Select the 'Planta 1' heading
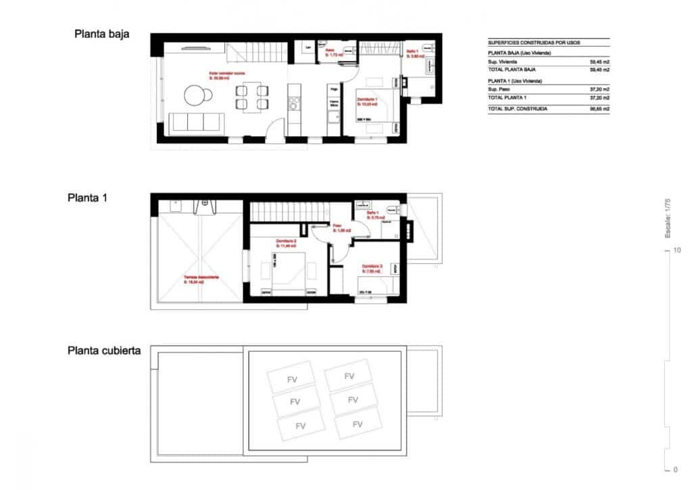[x=88, y=198]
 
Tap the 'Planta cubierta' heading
[x=104, y=351]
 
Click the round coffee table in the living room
[x=196, y=96]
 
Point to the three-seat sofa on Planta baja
[x=197, y=122]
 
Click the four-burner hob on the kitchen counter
[x=295, y=103]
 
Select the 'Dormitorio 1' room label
[x=367, y=100]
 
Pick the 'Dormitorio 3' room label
[x=372, y=267]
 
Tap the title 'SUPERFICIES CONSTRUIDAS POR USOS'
[x=534, y=43]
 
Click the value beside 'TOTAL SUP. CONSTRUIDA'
[x=599, y=108]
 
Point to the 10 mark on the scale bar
[x=676, y=250]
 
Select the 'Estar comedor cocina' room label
[x=224, y=73]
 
